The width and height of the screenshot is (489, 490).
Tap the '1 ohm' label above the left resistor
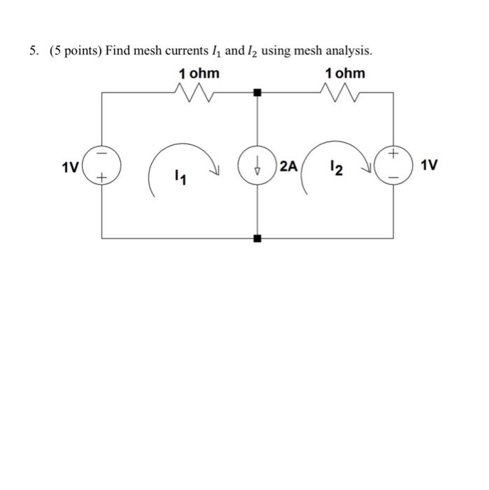click(199, 73)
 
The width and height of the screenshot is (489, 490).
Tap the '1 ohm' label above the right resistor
click(345, 73)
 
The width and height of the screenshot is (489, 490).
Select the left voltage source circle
click(102, 166)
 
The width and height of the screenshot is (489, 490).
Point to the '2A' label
click(288, 167)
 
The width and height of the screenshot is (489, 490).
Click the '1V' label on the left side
click(69, 167)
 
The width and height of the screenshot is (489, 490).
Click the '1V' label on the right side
click(429, 166)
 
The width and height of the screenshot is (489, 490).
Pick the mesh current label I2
click(338, 168)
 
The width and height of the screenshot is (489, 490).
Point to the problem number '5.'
click(34, 51)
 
